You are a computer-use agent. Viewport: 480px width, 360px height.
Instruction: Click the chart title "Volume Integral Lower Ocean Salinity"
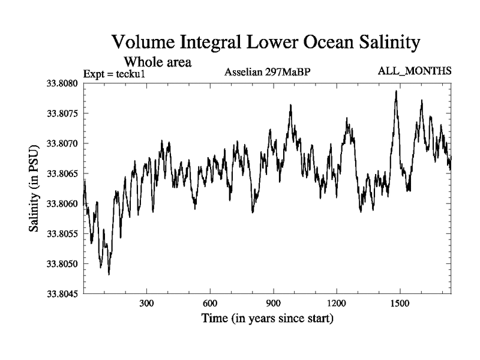(x=264, y=43)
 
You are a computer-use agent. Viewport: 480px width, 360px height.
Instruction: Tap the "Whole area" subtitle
(x=157, y=61)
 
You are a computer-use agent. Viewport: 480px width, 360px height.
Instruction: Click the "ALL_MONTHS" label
(x=415, y=71)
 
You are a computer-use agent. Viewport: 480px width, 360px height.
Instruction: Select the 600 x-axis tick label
(x=210, y=303)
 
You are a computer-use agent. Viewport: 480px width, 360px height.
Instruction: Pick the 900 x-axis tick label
(x=273, y=303)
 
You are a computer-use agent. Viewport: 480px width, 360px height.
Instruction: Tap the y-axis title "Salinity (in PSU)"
(x=34, y=188)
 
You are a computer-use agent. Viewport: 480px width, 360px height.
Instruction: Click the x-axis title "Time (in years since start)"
(x=268, y=318)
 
